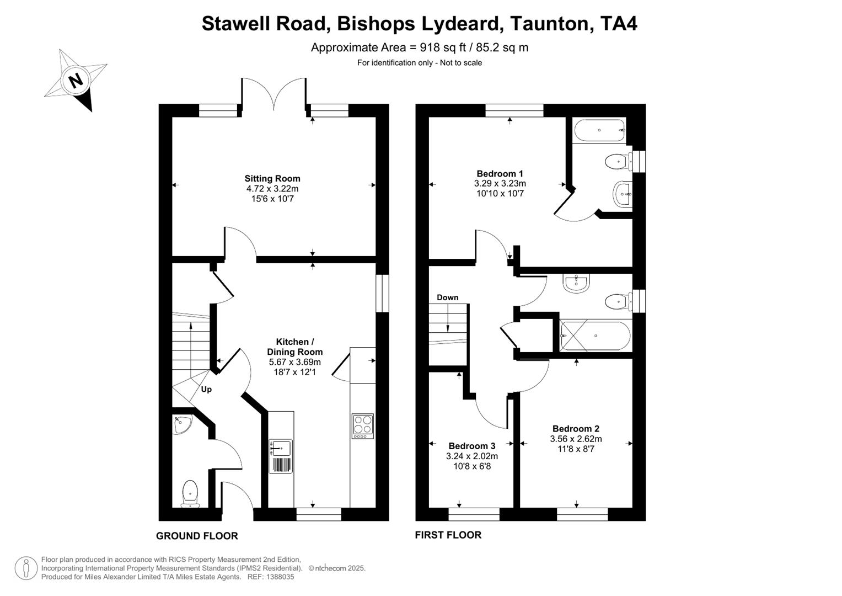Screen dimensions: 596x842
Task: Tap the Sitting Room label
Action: pyautogui.click(x=272, y=178)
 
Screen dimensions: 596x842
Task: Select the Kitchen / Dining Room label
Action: pyautogui.click(x=294, y=347)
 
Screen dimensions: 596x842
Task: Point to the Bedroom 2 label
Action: pyautogui.click(x=576, y=428)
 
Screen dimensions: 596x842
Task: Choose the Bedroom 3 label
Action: pyautogui.click(x=471, y=446)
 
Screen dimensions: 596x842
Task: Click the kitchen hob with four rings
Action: pyautogui.click(x=362, y=425)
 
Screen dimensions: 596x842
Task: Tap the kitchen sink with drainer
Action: pyautogui.click(x=281, y=456)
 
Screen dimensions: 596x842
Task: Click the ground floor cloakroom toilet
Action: pyautogui.click(x=190, y=493)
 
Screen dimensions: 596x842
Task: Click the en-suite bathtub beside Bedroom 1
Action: pyautogui.click(x=599, y=131)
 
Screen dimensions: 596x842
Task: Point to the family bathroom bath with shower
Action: pyautogui.click(x=595, y=336)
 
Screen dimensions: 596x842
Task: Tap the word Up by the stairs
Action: pyautogui.click(x=206, y=389)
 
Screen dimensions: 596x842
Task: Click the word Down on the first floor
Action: pyautogui.click(x=447, y=297)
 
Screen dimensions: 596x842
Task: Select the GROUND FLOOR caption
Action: pyautogui.click(x=197, y=536)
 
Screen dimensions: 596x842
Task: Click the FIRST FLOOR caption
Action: pyautogui.click(x=448, y=535)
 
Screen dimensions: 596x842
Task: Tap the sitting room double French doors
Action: pyautogui.click(x=273, y=94)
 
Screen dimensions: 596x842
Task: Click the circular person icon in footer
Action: pyautogui.click(x=26, y=568)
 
